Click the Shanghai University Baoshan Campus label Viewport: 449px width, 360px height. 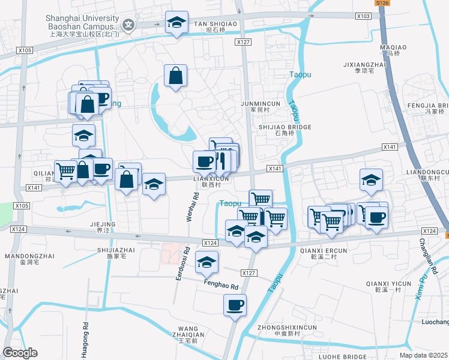[82, 22]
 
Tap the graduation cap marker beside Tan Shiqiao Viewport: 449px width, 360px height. [176, 23]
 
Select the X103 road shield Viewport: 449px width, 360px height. [363, 16]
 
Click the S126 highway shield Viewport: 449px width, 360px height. [382, 3]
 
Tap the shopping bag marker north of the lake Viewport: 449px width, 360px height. [176, 76]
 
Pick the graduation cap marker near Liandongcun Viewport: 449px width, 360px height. [371, 179]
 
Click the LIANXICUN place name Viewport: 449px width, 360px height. [211, 179]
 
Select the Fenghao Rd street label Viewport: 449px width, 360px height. [221, 286]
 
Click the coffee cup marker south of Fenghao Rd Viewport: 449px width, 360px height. [235, 305]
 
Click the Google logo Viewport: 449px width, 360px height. [20, 353]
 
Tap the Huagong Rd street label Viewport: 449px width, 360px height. [86, 338]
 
